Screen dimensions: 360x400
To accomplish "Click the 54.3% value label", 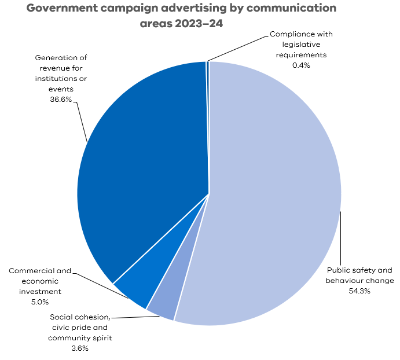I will pyautogui.click(x=359, y=291).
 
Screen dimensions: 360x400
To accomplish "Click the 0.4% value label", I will pyautogui.click(x=301, y=65).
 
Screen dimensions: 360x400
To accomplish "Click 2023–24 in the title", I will pyautogui.click(x=200, y=24).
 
